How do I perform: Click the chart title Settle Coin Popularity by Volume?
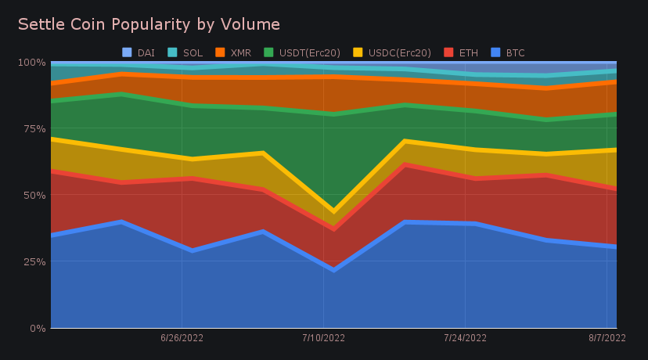[149, 24]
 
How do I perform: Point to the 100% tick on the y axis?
[33, 62]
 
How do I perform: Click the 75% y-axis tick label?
[34, 128]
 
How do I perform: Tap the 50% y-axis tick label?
[34, 195]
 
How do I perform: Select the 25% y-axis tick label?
[34, 261]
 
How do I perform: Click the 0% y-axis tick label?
[38, 328]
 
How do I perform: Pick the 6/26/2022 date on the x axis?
[182, 339]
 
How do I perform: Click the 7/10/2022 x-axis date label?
[323, 339]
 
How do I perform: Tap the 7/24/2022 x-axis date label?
[465, 339]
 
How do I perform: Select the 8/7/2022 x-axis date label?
[607, 339]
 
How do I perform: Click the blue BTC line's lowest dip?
[333, 269]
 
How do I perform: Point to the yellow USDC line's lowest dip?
[333, 211]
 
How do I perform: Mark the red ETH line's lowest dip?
[333, 229]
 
